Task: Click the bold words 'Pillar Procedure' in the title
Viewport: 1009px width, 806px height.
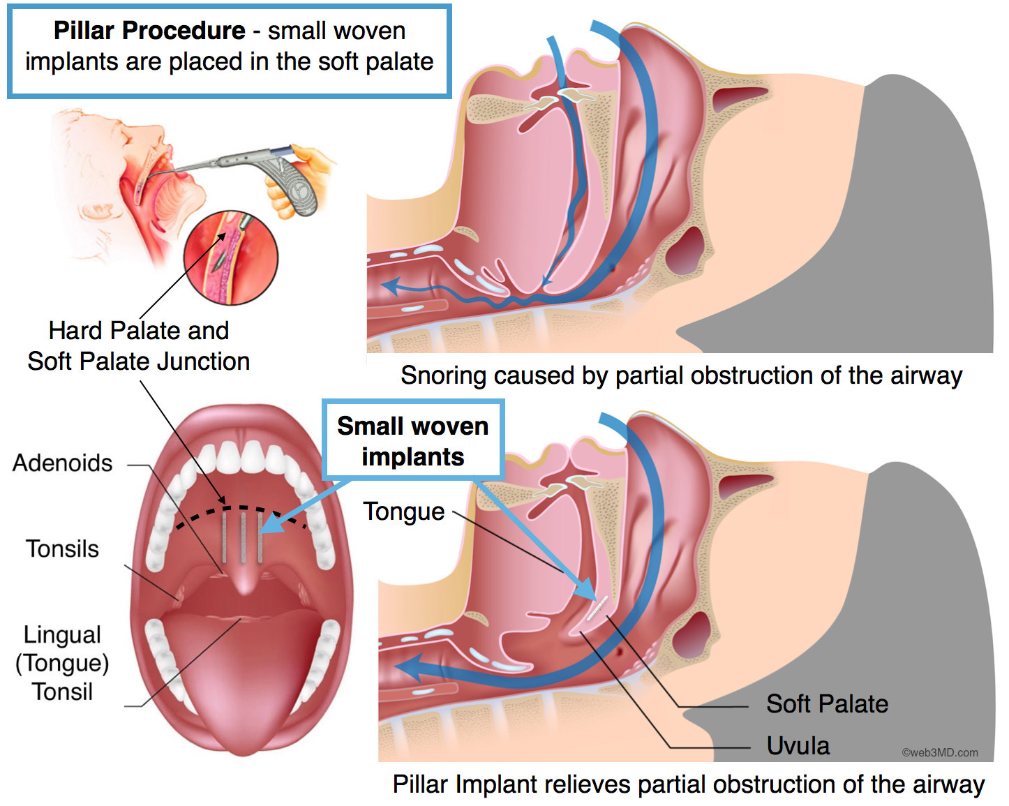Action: (149, 31)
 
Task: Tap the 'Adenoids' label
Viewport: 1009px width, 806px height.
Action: (62, 463)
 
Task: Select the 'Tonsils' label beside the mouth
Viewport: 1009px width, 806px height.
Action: (62, 549)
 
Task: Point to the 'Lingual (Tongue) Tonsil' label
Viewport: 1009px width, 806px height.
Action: (62, 664)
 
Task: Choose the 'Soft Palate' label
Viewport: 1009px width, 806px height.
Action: (827, 704)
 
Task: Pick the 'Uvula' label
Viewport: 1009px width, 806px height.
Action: (798, 745)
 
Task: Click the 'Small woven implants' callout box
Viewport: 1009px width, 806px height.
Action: (413, 440)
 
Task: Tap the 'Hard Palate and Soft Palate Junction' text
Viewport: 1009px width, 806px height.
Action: (139, 346)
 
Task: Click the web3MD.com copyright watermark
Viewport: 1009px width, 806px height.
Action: (940, 752)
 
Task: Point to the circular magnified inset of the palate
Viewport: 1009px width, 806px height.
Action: (231, 258)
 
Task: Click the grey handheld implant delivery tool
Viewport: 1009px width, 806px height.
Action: (262, 174)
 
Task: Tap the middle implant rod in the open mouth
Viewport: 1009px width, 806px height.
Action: (243, 538)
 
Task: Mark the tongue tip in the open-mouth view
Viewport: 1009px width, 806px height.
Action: (244, 748)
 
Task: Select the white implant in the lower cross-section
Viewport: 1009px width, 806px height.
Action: (597, 609)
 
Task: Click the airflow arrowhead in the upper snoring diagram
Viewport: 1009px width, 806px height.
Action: (391, 285)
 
